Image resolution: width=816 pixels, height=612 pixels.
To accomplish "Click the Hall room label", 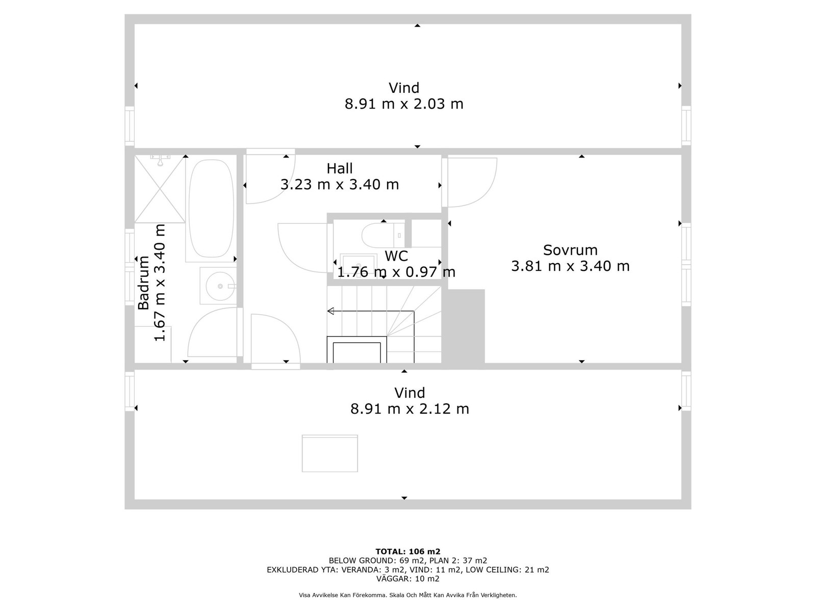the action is pyautogui.click(x=340, y=169).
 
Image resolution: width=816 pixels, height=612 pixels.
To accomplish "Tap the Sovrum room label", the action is pyautogui.click(x=570, y=250).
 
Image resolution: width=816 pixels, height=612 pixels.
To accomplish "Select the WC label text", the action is pyautogui.click(x=396, y=256).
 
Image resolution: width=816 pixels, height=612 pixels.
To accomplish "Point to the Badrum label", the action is pyautogui.click(x=143, y=283).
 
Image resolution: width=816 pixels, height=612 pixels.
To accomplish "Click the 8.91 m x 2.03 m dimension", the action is pyautogui.click(x=404, y=104).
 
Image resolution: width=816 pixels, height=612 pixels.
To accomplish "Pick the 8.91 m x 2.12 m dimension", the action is pyautogui.click(x=410, y=409).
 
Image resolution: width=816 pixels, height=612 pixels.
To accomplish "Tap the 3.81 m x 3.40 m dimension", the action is pyautogui.click(x=570, y=266).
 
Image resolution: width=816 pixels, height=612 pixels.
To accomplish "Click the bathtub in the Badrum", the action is pyautogui.click(x=211, y=209).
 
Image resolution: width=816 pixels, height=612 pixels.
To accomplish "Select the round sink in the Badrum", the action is pyautogui.click(x=220, y=286).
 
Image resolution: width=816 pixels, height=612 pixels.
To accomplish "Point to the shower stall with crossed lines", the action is pyautogui.click(x=160, y=189).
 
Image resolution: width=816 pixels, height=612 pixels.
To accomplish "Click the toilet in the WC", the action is pyautogui.click(x=383, y=235).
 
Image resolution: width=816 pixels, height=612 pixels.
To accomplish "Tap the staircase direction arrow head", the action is pyautogui.click(x=330, y=311).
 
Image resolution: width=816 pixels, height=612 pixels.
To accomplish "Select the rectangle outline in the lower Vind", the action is pyautogui.click(x=330, y=453).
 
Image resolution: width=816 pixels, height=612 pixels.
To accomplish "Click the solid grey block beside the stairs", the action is pyautogui.click(x=463, y=326).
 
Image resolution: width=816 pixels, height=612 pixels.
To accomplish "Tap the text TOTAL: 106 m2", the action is pyautogui.click(x=408, y=551).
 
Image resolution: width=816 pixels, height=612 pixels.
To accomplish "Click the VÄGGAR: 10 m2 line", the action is pyautogui.click(x=408, y=578).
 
